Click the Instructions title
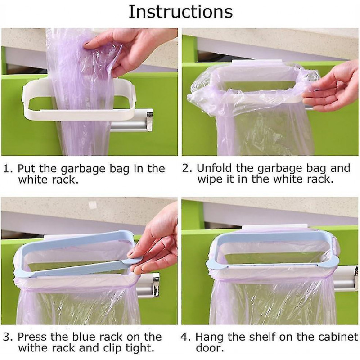[x=180, y=12]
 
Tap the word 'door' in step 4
[x=209, y=348]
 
